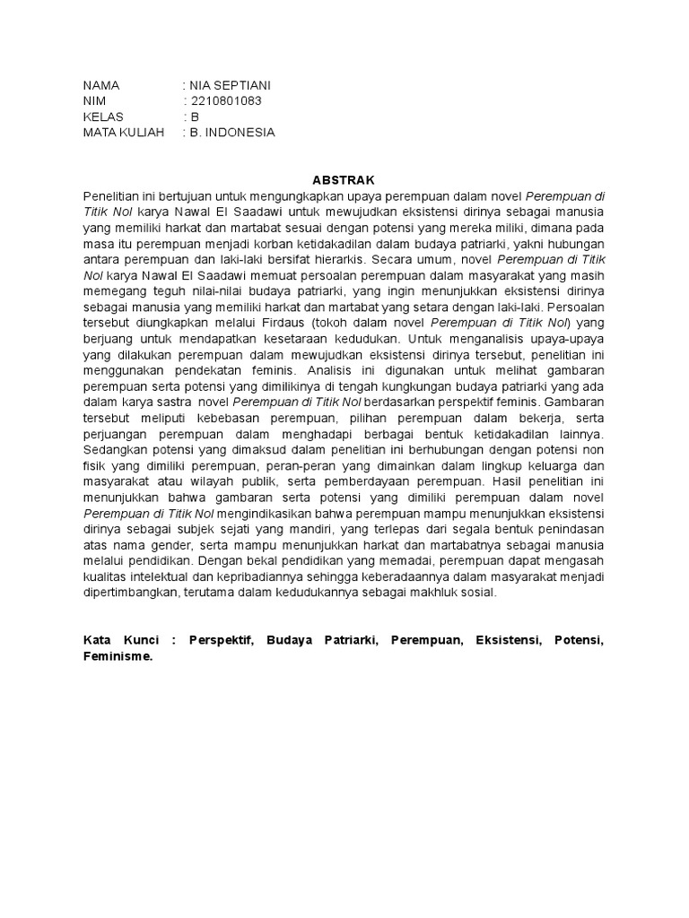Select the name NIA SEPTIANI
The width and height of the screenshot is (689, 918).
pyautogui.click(x=230, y=85)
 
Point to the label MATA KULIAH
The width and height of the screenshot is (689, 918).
pyautogui.click(x=125, y=133)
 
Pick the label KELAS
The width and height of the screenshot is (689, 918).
pyautogui.click(x=103, y=117)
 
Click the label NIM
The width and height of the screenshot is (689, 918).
pyautogui.click(x=95, y=101)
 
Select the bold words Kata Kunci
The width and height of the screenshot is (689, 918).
pyautogui.click(x=121, y=641)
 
